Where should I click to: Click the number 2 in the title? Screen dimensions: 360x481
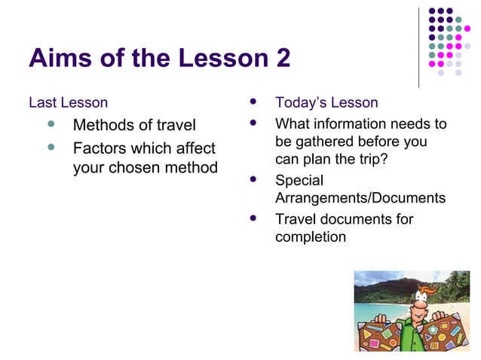282,58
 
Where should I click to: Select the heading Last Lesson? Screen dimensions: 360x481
68,102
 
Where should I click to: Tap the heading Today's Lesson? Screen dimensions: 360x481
326,102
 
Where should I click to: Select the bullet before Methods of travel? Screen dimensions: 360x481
51,124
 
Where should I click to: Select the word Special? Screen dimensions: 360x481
299,181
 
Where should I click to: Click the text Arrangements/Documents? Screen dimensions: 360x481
360,198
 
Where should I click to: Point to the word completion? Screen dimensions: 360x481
311,237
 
